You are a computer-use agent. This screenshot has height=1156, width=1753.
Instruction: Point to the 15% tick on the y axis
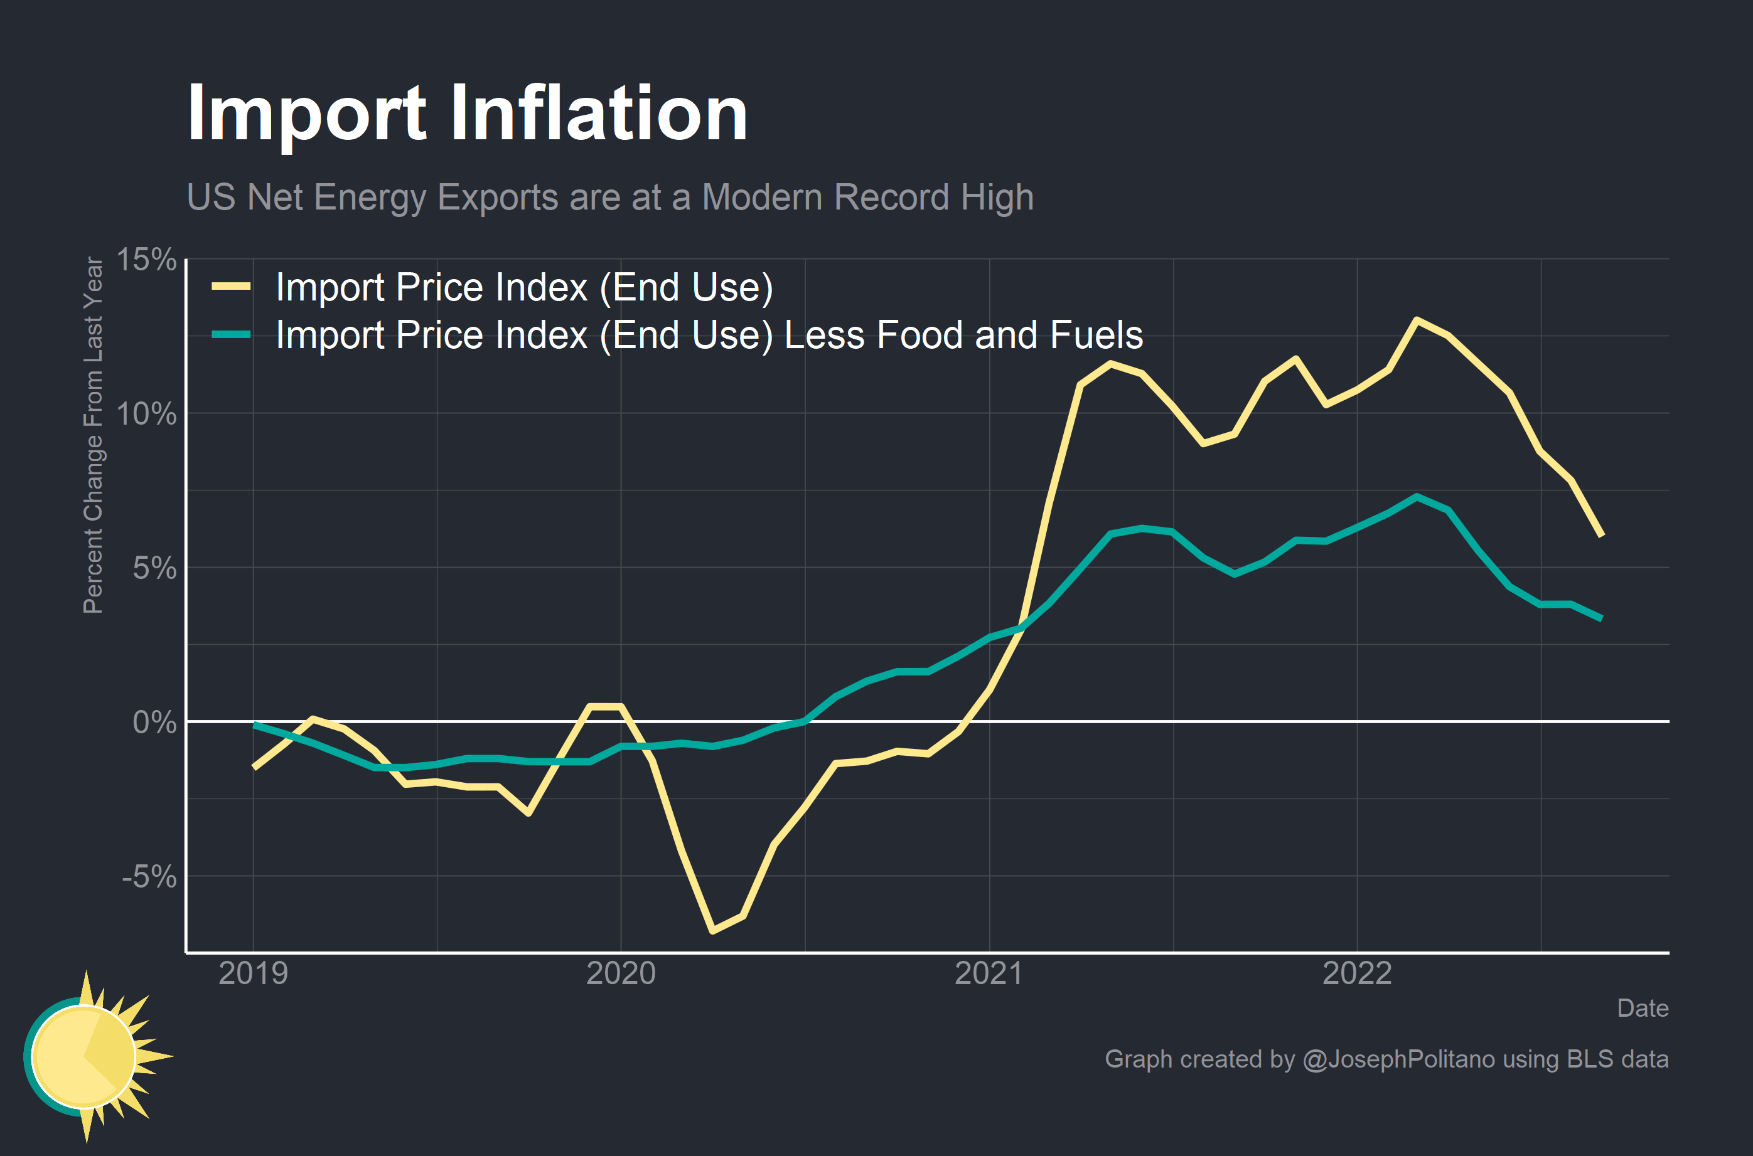point(146,260)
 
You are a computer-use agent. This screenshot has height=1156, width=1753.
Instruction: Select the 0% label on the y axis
point(154,723)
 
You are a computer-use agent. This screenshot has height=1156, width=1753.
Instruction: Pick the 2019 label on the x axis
point(253,973)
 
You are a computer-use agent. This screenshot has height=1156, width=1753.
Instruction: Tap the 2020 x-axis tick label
point(620,973)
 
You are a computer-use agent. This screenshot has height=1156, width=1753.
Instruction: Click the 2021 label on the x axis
point(989,973)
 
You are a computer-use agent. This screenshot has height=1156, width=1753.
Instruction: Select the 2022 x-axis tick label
point(1356,973)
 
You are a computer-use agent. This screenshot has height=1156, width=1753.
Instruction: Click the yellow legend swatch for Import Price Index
point(231,287)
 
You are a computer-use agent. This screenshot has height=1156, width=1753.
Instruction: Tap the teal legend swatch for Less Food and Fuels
point(231,335)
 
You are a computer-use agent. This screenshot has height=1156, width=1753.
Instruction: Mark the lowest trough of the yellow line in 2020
point(712,930)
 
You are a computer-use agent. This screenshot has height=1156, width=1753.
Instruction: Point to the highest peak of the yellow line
point(1417,319)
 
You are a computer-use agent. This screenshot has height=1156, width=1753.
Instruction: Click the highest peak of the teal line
point(1417,497)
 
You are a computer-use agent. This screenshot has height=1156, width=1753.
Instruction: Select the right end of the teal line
point(1601,618)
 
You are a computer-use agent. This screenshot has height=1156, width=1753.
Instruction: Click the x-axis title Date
point(1643,1008)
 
